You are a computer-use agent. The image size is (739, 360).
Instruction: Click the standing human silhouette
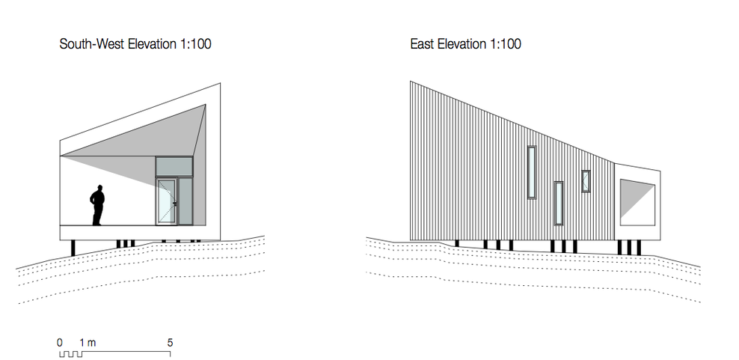(x=97, y=206)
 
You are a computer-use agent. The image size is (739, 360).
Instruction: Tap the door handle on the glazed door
(x=175, y=204)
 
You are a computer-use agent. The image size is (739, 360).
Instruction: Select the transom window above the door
(x=174, y=167)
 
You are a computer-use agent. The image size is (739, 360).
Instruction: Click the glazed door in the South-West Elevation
(x=166, y=201)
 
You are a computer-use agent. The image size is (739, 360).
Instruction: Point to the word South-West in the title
(x=93, y=44)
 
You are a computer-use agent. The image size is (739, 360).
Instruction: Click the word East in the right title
(x=423, y=44)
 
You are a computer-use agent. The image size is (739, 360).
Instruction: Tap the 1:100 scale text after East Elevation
(x=504, y=44)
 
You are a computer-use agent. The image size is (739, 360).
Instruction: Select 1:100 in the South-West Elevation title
(x=194, y=44)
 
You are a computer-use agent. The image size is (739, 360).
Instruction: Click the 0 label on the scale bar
(x=60, y=343)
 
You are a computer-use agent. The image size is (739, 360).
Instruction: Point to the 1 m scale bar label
(x=88, y=343)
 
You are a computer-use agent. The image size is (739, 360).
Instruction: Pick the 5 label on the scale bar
(x=170, y=343)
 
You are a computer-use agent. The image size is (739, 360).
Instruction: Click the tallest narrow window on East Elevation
(x=532, y=172)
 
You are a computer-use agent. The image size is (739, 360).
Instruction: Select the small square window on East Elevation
(x=586, y=181)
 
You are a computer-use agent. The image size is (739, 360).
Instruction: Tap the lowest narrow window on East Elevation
(x=559, y=203)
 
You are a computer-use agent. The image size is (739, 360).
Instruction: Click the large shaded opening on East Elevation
(x=637, y=202)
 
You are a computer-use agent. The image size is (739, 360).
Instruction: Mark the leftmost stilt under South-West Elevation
(x=73, y=248)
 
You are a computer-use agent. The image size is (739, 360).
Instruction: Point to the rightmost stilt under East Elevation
(x=639, y=247)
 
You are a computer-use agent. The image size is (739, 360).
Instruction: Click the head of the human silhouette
(x=99, y=189)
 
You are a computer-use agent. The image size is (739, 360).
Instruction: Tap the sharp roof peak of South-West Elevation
(x=220, y=84)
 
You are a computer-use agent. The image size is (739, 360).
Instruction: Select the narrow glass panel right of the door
(x=185, y=201)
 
